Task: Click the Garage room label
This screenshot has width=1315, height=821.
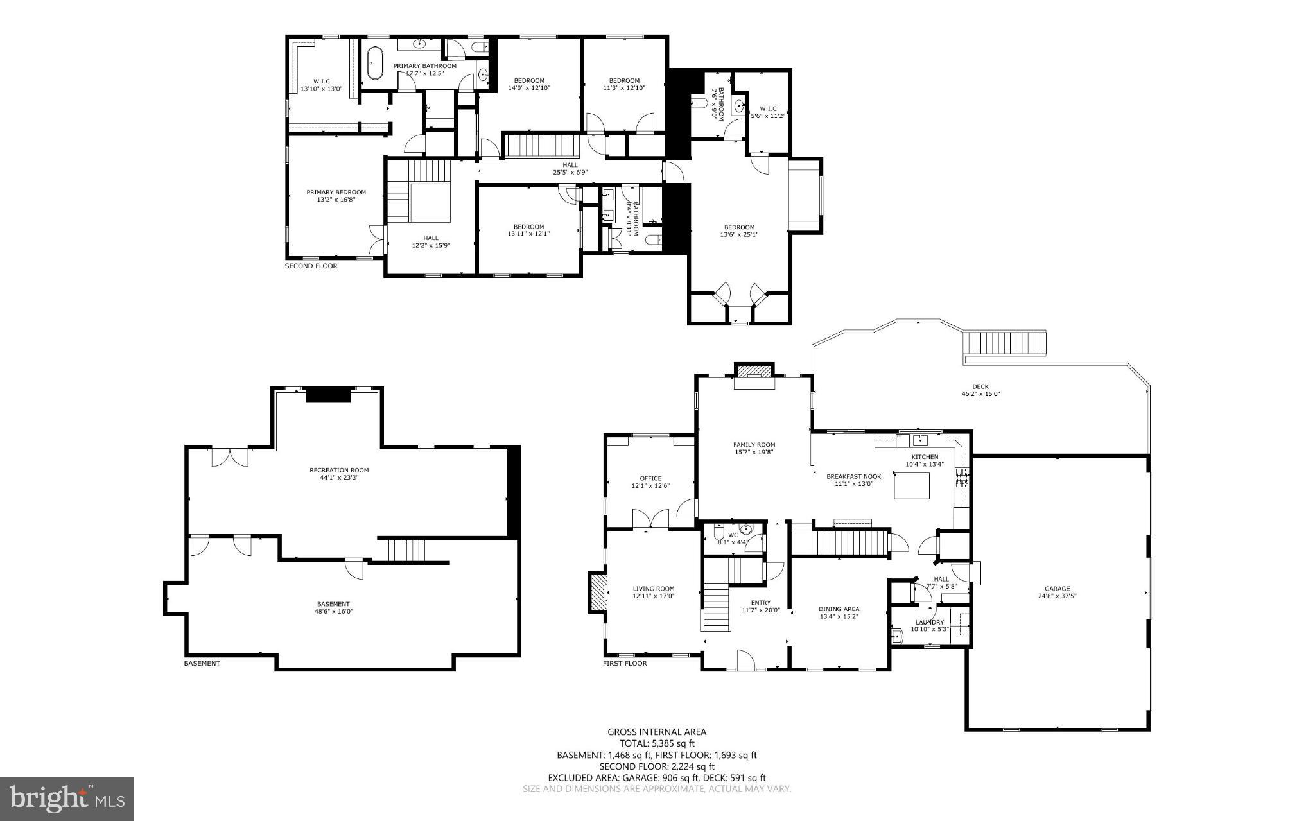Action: coord(1057,589)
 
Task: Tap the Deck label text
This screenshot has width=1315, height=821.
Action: coord(980,386)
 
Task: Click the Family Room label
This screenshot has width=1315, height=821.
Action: coord(754,444)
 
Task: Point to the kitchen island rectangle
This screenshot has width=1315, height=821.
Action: coord(912,485)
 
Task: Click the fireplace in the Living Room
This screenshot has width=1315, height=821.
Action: coord(597,592)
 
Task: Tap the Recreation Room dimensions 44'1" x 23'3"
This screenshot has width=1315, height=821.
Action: coord(339,478)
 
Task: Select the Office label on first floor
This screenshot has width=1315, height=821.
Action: coord(650,478)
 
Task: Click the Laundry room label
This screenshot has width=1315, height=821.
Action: coord(929,622)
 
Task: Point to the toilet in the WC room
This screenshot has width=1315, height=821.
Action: coord(718,534)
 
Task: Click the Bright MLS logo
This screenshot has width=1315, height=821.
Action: coord(67,799)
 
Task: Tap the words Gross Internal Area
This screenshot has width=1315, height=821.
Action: coord(657,732)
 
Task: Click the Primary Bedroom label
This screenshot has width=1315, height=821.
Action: coord(336,192)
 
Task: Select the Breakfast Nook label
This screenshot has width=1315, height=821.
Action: coord(853,476)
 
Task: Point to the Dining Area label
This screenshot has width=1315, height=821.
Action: coord(839,609)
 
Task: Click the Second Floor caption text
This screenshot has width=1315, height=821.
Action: coord(311,266)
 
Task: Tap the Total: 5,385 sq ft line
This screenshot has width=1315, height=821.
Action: coord(657,743)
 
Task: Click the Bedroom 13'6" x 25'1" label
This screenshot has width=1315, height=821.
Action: coord(739,227)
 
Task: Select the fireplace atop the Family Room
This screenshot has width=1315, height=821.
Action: coord(754,372)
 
